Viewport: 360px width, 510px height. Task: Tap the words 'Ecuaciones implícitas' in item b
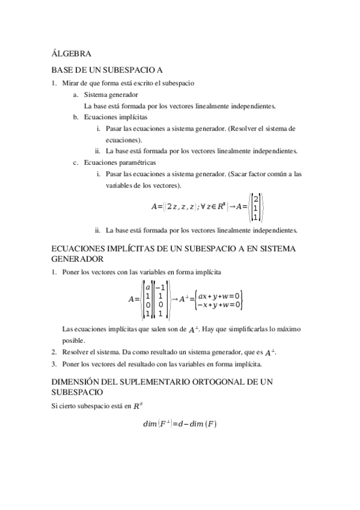pos(115,117)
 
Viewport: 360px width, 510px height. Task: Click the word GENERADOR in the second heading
pos(78,259)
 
